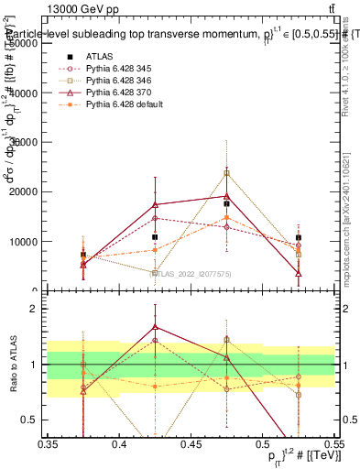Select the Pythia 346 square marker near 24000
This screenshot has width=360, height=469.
[x=226, y=172]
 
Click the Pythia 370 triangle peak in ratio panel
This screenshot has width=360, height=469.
[x=156, y=326]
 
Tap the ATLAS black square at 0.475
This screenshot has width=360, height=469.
[x=226, y=203]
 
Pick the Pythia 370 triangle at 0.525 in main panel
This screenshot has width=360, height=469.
[x=298, y=273]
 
